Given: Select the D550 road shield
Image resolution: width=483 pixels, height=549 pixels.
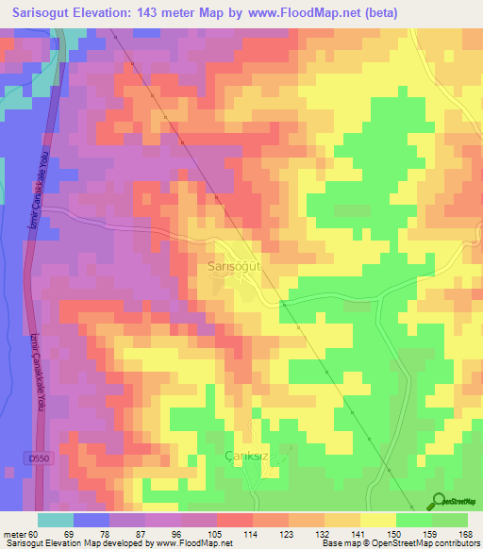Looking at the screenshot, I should pyautogui.click(x=35, y=457).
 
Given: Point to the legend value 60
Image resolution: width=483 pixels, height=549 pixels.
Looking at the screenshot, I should pyautogui.click(x=38, y=534).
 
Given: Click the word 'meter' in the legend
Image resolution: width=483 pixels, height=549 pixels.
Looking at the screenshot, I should pyautogui.click(x=16, y=534).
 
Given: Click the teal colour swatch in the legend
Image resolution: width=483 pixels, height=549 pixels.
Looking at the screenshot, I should pyautogui.click(x=56, y=520).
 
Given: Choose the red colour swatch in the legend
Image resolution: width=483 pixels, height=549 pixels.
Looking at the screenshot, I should pyautogui.click(x=235, y=520).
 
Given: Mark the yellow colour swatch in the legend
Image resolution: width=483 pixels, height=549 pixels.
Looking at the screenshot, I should pyautogui.click(x=378, y=520).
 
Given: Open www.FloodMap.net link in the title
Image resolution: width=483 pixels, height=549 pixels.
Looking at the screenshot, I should pyautogui.click(x=285, y=13).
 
